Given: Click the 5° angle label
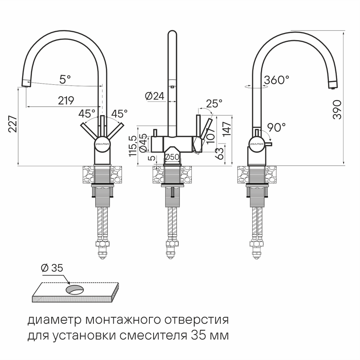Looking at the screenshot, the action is (65, 79).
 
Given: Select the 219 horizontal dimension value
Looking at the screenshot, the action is (66, 101).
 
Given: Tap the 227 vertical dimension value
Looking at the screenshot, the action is (13, 124).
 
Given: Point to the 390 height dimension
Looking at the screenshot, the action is (337, 109).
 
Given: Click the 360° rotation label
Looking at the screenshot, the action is (277, 80).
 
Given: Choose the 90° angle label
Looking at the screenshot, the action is (277, 127).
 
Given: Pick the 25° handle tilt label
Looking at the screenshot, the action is (214, 103).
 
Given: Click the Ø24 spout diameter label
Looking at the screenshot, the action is (155, 96).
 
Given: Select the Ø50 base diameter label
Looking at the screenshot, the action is (172, 157).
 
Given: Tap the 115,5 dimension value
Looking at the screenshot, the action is (133, 146).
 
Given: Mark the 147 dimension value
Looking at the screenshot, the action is (227, 129).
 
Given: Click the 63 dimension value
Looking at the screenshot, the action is (220, 154).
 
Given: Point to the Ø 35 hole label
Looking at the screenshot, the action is (52, 268).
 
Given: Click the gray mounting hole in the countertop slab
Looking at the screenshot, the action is (75, 289).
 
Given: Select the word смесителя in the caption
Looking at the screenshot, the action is (153, 336).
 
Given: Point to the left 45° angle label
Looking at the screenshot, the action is (87, 114).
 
